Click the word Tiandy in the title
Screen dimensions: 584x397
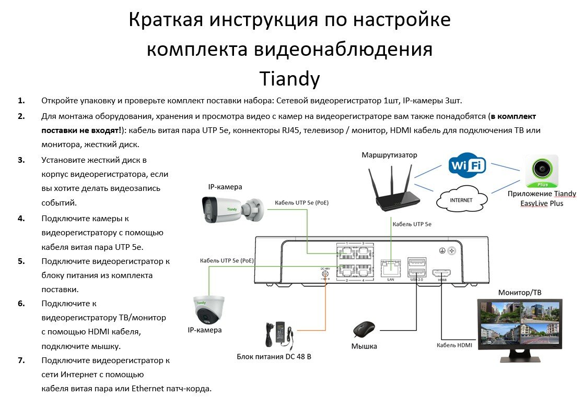coord(289,79)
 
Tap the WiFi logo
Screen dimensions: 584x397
coord(467,165)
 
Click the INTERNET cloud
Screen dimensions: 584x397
coord(461,200)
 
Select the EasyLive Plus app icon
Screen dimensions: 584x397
coord(542,172)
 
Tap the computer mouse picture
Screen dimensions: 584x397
coord(364,330)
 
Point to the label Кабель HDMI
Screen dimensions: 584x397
coord(454,345)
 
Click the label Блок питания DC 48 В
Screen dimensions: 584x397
coord(274,357)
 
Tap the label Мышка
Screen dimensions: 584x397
coord(364,346)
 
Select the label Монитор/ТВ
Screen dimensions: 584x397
coord(520,293)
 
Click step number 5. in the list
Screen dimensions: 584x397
coord(21,261)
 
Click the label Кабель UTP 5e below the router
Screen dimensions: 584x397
coord(412,224)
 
